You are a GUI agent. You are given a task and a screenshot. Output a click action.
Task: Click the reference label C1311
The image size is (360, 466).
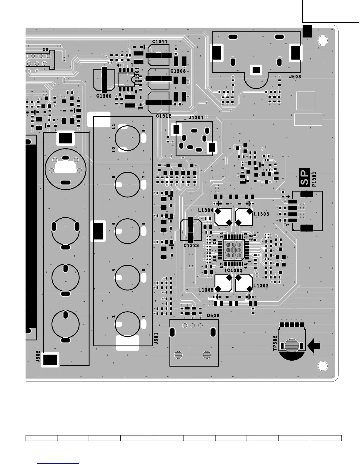coord(160,42)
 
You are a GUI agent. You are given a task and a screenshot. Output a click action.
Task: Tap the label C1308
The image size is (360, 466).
coord(178,71)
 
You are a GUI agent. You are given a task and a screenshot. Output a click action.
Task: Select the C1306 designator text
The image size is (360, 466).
coord(104,96)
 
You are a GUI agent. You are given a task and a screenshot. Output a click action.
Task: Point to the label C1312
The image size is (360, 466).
coord(164,116)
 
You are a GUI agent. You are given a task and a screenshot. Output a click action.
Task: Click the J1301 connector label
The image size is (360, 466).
coord(196,118)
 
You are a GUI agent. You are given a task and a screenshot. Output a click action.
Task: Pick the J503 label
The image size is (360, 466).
coord(295,77)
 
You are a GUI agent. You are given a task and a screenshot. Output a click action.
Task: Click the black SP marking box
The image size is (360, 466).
coord(304,177)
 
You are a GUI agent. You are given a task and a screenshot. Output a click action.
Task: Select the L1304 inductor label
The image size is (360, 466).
coord(206,210)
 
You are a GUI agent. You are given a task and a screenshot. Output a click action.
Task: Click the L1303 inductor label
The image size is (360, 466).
coord(261,214)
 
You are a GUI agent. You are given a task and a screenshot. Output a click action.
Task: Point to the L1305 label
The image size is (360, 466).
coord(206,290)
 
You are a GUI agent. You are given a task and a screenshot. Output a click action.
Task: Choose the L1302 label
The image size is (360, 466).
coord(261,286)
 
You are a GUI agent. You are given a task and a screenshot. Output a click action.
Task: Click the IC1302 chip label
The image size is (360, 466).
coord(234,270)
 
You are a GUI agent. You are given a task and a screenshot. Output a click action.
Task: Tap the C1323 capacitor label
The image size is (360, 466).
coord(191,245)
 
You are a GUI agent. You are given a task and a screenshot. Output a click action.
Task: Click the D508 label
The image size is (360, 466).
coord(213,316)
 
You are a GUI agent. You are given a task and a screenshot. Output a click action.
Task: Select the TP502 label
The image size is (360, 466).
coord(275,343)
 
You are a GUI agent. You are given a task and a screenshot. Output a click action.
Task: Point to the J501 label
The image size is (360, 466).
coord(156,339)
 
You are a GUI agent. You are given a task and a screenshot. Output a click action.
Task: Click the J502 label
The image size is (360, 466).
coord(38,356)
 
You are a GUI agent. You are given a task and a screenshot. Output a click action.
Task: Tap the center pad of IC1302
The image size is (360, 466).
coord(234,250)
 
